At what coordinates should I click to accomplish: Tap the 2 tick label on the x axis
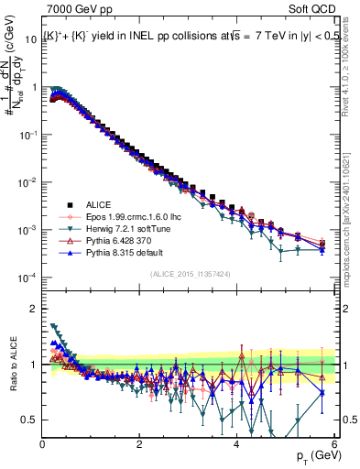pos(140,445)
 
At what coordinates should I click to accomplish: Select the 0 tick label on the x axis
pos(43,445)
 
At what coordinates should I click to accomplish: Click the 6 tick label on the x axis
pos(334,445)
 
